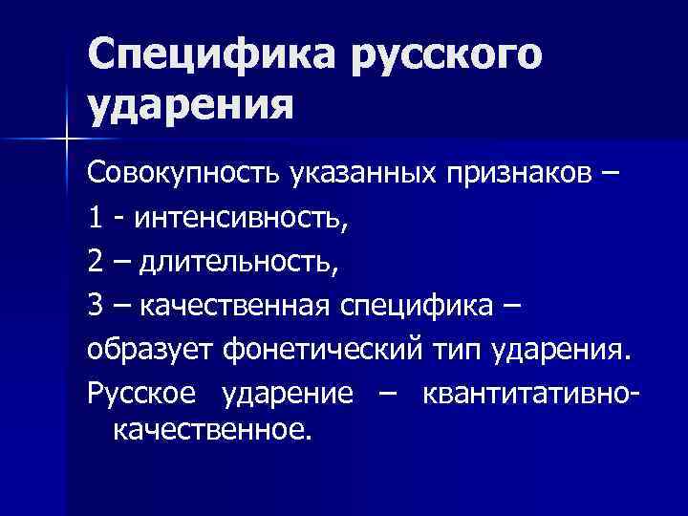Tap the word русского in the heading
point(444,54)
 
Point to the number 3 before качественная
point(96,308)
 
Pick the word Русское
point(143,395)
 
